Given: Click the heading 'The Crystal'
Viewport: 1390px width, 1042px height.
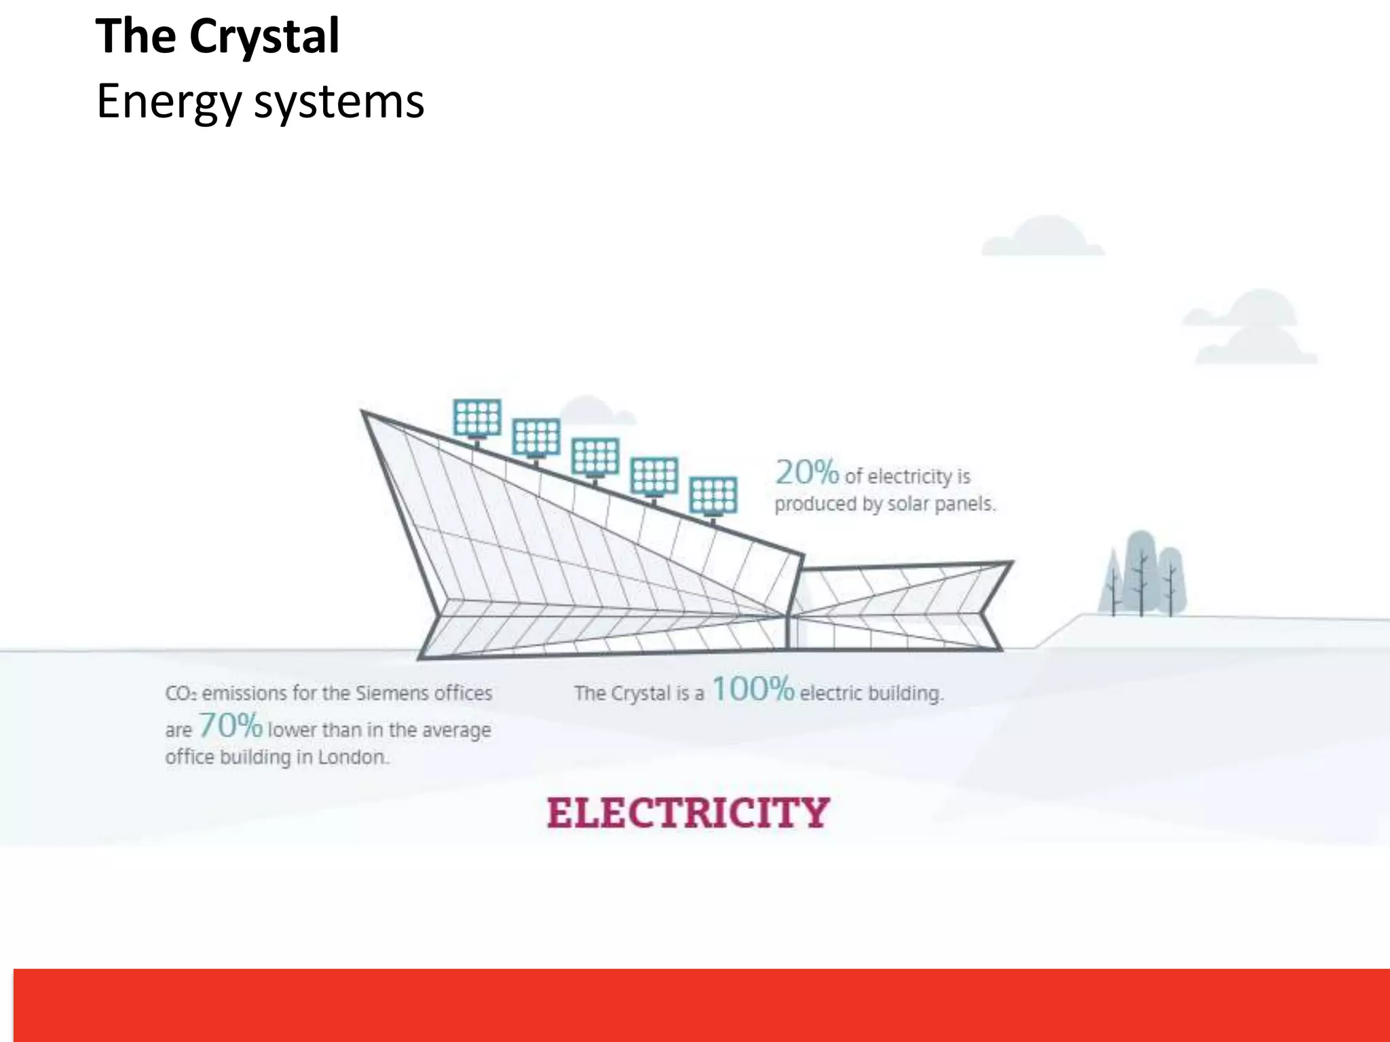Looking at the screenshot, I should pyautogui.click(x=217, y=37).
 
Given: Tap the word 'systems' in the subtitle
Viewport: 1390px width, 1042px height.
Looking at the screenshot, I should pyautogui.click(x=339, y=102).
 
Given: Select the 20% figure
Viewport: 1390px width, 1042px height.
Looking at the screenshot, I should pyautogui.click(x=807, y=473).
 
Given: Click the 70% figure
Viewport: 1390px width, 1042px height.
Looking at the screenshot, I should pyautogui.click(x=230, y=726).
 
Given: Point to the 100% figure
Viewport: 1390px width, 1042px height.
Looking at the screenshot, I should pyautogui.click(x=752, y=689).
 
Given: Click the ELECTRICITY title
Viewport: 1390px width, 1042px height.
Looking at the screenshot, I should pyautogui.click(x=688, y=813).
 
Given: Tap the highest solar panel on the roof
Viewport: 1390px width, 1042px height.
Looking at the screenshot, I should pyautogui.click(x=477, y=418).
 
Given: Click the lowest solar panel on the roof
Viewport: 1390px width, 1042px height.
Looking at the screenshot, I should pyautogui.click(x=713, y=496).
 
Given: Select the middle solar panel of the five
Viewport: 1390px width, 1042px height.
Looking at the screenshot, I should pyautogui.click(x=595, y=457).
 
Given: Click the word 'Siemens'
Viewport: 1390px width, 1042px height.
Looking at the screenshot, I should pyautogui.click(x=393, y=693).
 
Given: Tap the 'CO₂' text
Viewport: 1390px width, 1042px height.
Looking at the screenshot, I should pyautogui.click(x=181, y=694).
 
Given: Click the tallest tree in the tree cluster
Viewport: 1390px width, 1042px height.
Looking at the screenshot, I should pyautogui.click(x=1142, y=573).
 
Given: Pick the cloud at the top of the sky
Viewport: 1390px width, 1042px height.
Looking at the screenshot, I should pyautogui.click(x=1043, y=237).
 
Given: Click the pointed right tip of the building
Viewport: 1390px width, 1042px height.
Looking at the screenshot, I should pyautogui.click(x=1011, y=562).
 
